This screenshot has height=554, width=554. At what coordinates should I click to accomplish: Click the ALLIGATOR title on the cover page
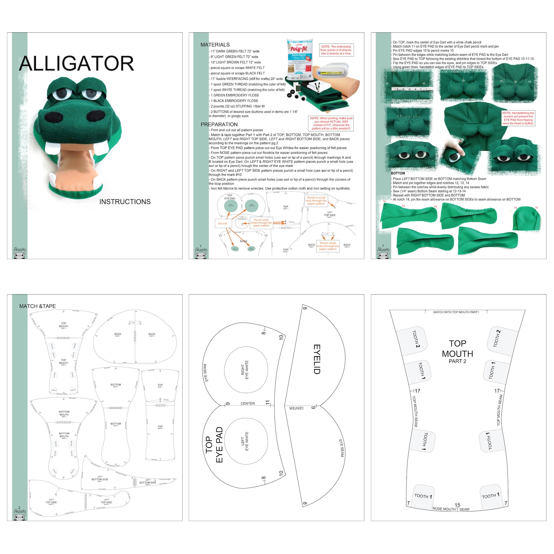pyautogui.click(x=76, y=63)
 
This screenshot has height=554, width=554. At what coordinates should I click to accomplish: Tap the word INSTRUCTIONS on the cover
pyautogui.click(x=125, y=202)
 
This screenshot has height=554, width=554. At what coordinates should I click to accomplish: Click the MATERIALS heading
pyautogui.click(x=215, y=45)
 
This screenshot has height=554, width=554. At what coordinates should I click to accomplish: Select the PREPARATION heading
pyautogui.click(x=219, y=125)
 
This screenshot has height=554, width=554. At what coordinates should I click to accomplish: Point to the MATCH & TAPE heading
pyautogui.click(x=37, y=306)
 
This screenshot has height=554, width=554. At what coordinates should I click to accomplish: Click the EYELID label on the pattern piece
pyautogui.click(x=317, y=359)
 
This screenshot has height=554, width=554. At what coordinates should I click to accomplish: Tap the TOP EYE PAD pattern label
pyautogui.click(x=214, y=445)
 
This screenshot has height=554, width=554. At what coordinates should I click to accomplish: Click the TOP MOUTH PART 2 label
pyautogui.click(x=457, y=352)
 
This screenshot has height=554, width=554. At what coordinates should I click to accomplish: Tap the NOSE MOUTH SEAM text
pyautogui.click(x=451, y=509)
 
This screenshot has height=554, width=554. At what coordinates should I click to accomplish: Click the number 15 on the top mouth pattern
pyautogui.click(x=457, y=505)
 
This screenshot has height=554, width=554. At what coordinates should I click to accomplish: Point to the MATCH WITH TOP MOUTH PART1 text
pyautogui.click(x=456, y=312)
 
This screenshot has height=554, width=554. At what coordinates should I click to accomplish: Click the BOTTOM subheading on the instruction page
pyautogui.click(x=398, y=173)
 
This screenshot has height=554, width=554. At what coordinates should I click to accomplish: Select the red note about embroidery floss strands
pyautogui.click(x=336, y=50)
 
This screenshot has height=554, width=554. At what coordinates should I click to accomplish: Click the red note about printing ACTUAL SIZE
pyautogui.click(x=331, y=123)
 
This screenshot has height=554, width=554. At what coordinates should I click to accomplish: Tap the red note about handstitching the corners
pyautogui.click(x=518, y=118)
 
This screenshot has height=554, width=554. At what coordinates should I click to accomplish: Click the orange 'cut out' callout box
pyautogui.click(x=222, y=223)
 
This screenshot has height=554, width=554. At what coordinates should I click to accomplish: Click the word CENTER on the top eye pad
pyautogui.click(x=248, y=404)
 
